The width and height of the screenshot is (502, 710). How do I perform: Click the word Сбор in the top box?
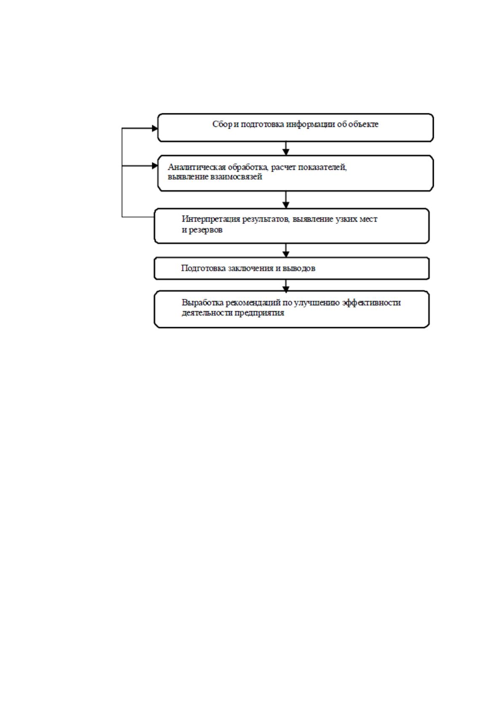[x=222, y=124]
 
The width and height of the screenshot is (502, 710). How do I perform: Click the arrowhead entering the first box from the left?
[x=155, y=128]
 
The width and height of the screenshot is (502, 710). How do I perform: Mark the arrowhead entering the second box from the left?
[x=155, y=166]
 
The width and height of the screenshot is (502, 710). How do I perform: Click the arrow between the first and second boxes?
[x=286, y=148]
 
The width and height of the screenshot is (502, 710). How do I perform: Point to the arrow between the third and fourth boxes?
[x=286, y=250]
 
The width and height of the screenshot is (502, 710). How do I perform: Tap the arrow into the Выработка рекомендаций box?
[x=286, y=286]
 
